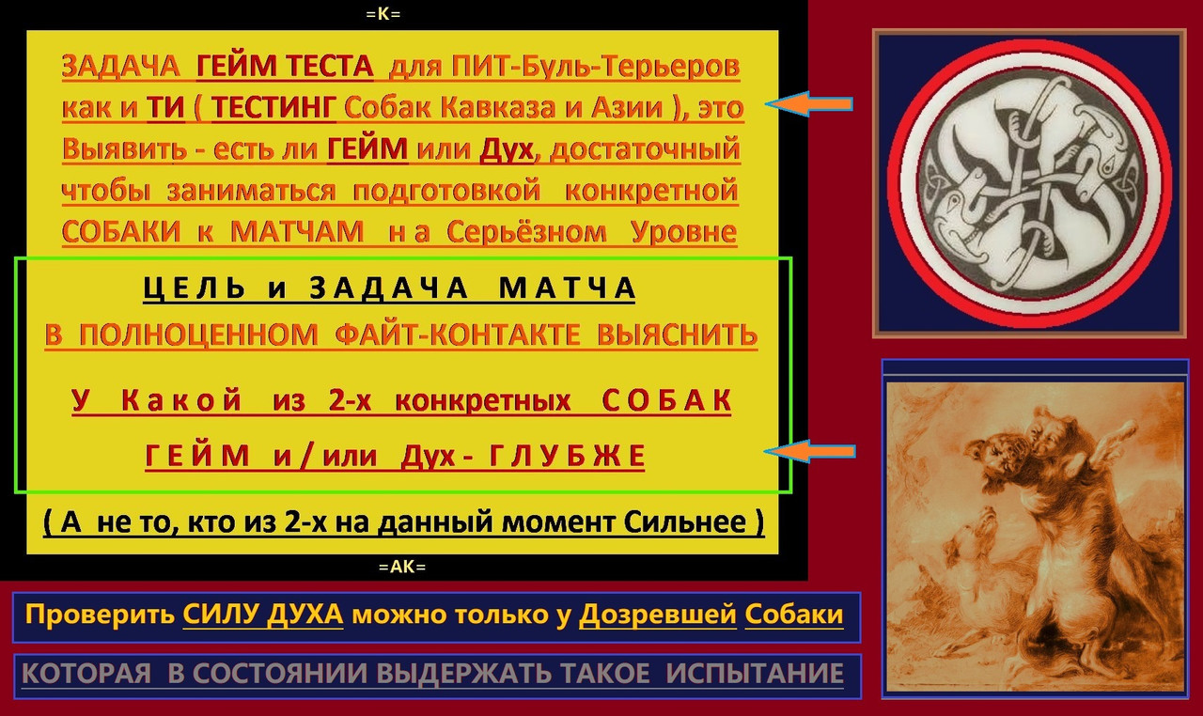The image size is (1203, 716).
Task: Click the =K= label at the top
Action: pos(401,14)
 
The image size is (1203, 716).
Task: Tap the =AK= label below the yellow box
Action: pos(401,567)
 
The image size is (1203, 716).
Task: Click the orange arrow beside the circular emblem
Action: pos(809,104)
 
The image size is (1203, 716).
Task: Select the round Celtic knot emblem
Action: pos(1029,182)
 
